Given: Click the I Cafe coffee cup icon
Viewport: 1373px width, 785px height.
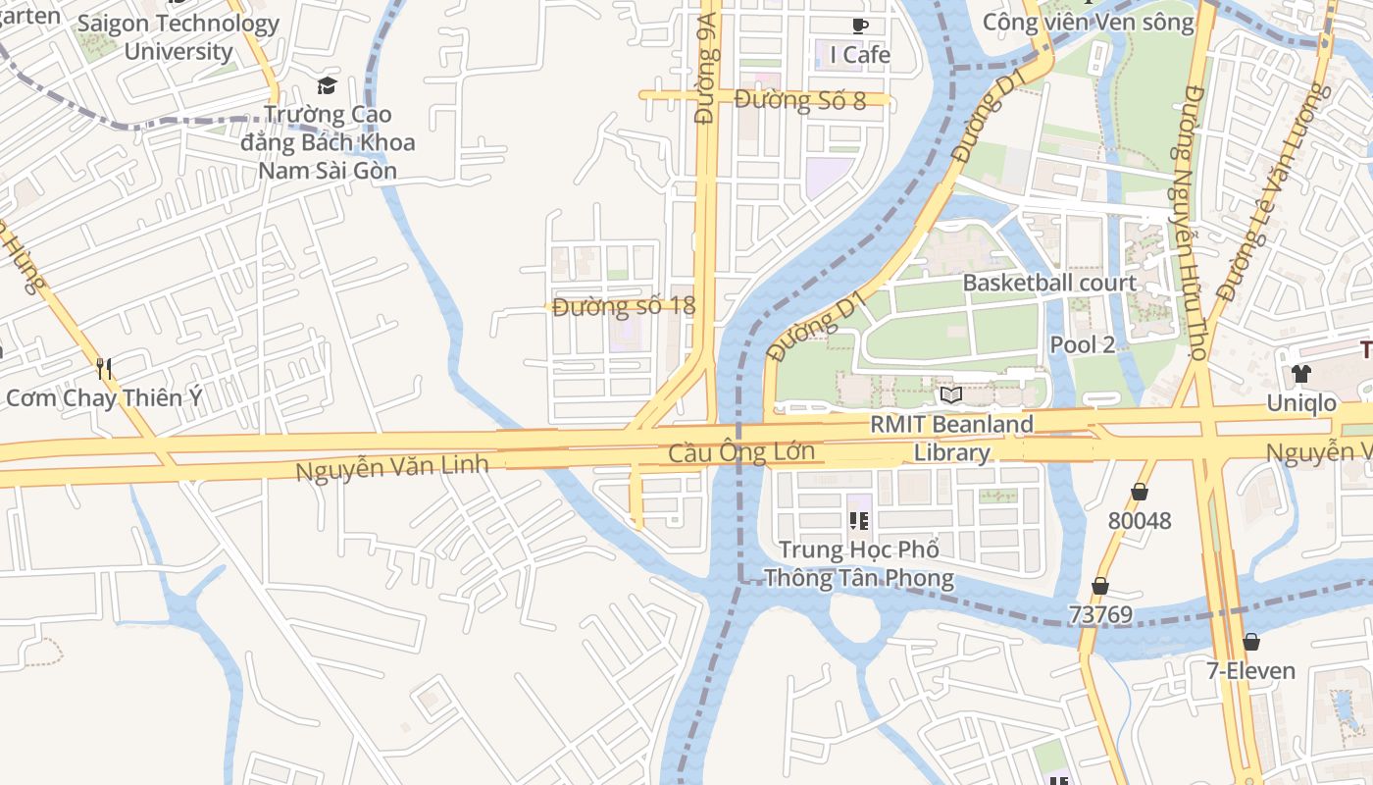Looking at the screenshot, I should coord(860,26).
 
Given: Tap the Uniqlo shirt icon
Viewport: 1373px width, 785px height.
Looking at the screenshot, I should coord(1301,373).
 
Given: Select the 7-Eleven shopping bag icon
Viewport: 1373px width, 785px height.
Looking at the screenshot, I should coord(1250,642).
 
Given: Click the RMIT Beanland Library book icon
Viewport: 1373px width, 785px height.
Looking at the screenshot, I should coord(950,395).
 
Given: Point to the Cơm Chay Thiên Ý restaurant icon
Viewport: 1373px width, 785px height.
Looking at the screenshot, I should coord(104,368).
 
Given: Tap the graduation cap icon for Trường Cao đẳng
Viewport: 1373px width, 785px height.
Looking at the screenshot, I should coord(327,85).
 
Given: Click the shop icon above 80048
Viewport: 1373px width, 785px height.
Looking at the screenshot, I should coord(1139,491).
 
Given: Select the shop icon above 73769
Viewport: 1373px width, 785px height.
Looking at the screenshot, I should coord(1100,586).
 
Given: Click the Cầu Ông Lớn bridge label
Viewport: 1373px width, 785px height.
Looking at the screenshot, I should coord(741,452).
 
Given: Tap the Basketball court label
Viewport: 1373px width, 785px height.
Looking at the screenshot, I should coord(1049,283).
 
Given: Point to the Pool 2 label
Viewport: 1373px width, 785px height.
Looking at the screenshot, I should coord(1083,344).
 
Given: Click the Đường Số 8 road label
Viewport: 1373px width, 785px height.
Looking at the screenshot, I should coord(799,100).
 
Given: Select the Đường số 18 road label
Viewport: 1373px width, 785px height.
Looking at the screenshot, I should coord(624,306).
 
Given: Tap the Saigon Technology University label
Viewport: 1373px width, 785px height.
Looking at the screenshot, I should coord(178,37).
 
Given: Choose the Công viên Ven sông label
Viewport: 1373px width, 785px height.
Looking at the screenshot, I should coord(1089,22).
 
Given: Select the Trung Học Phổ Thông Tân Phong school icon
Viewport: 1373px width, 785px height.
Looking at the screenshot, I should coord(859,520).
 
